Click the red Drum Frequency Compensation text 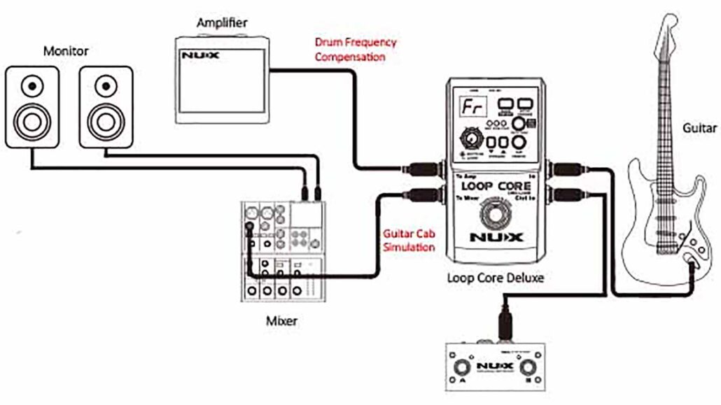355,49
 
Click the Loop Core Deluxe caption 495,278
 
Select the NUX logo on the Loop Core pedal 496,237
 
